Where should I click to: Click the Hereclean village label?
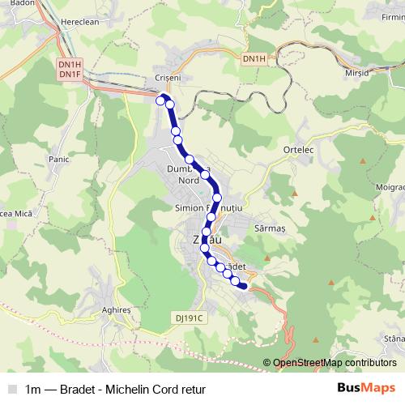point(79,23)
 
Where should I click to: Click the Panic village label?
point(59,159)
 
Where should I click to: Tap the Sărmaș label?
point(271,229)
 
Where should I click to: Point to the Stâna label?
point(394,338)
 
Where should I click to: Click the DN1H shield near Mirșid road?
point(254,59)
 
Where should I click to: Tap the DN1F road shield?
point(70,75)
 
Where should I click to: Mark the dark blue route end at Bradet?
point(244,285)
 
